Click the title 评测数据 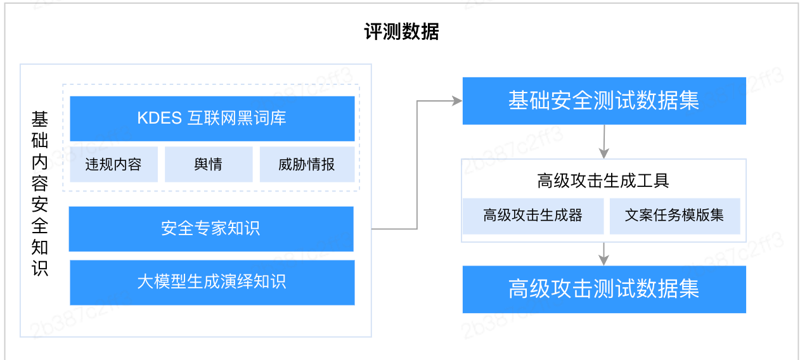[401, 32]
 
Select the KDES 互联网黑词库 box [212, 119]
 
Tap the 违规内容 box [113, 164]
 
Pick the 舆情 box [209, 164]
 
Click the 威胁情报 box [307, 164]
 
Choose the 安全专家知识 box [211, 229]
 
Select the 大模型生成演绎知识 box [212, 283]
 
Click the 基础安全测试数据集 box [604, 101]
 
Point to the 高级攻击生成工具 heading [603, 181]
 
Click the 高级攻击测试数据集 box [604, 289]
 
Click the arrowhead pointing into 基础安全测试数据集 [458, 101]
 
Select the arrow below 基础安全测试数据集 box [604, 141]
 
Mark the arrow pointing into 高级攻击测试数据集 [603, 254]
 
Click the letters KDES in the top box [159, 119]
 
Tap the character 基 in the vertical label [40, 119]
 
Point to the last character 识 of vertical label [40, 268]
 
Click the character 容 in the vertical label [40, 183]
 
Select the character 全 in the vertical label [40, 226]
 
